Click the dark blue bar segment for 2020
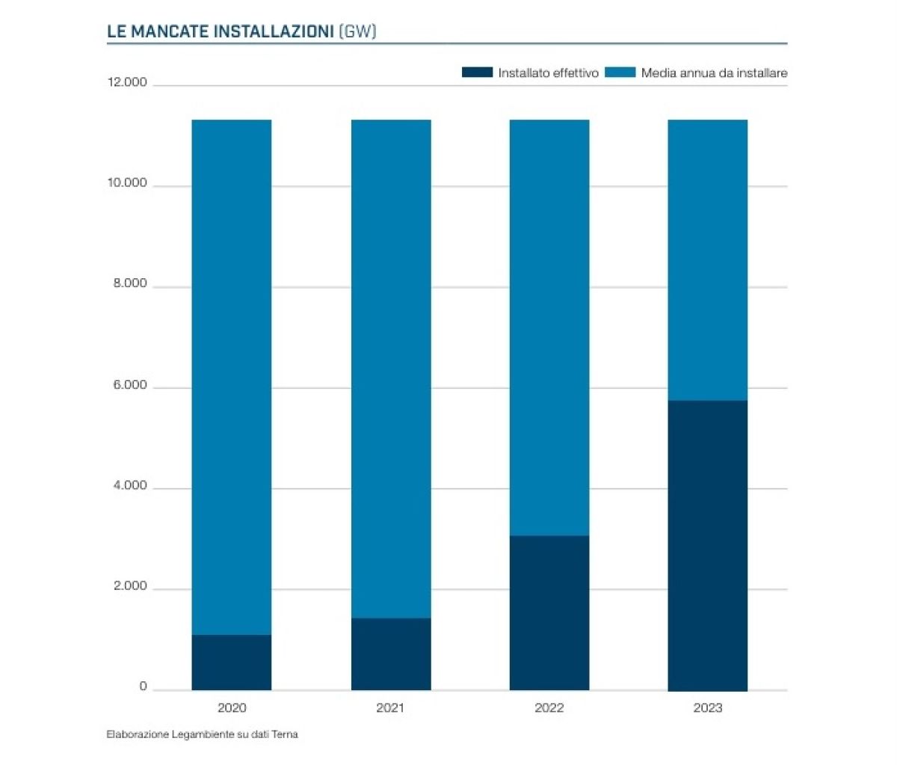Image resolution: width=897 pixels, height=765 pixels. [x=232, y=663]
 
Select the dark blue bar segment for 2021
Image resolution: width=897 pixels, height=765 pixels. [x=391, y=654]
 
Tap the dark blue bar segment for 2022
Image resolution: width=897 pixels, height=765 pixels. [x=549, y=612]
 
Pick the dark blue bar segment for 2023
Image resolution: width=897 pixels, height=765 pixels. [x=707, y=545]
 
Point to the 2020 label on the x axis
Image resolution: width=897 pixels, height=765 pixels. [x=232, y=707]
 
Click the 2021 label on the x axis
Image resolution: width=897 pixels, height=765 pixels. [x=390, y=707]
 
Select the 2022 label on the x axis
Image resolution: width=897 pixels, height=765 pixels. [x=549, y=707]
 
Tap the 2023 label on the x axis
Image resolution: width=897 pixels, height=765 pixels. [x=707, y=707]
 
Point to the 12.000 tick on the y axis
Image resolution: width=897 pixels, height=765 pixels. [x=127, y=82]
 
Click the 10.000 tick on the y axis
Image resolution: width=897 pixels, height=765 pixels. [x=127, y=183]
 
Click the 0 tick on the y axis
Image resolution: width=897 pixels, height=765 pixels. [x=143, y=687]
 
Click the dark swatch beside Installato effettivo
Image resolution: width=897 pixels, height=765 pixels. [x=477, y=73]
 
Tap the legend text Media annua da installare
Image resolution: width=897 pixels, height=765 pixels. [x=714, y=73]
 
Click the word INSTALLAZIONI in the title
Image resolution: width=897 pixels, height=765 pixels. [x=274, y=31]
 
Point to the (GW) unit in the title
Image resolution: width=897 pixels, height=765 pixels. [x=357, y=31]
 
